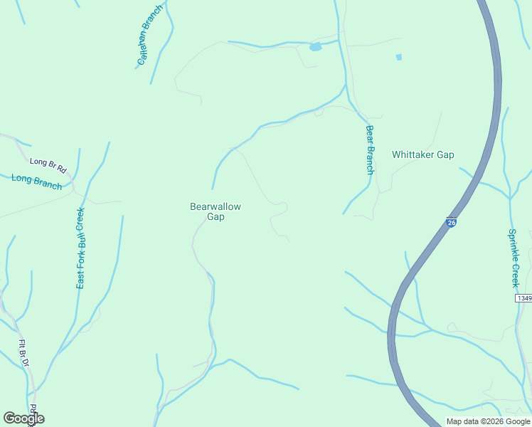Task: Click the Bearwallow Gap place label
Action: click(216, 211)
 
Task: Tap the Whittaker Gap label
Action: click(422, 154)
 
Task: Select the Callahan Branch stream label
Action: click(150, 36)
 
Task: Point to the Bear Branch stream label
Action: click(369, 150)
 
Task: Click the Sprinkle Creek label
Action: click(514, 258)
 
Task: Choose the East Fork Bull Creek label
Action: click(80, 248)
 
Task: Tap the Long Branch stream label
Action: click(36, 182)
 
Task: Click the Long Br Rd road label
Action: click(48, 166)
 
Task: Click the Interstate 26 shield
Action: click(451, 222)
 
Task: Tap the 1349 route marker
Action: click(524, 298)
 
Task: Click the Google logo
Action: click(23, 418)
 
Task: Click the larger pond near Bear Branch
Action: click(315, 47)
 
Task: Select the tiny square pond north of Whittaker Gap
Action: click(398, 57)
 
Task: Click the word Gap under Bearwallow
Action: click(216, 217)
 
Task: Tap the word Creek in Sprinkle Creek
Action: click(515, 273)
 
